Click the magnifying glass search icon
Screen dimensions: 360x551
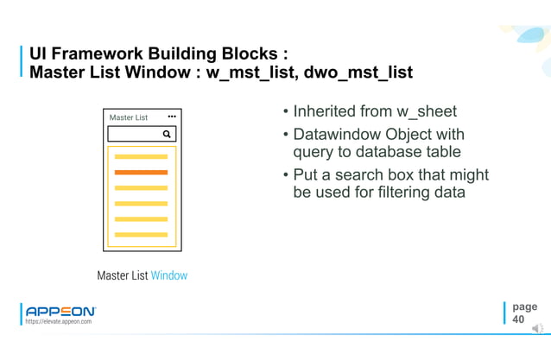tap(167, 134)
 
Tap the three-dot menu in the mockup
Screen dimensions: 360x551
tap(171, 117)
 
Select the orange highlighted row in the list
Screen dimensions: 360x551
tap(141, 173)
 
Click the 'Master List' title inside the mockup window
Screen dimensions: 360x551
tap(129, 117)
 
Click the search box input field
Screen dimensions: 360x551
tap(135, 134)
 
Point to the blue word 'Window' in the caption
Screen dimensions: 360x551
tap(169, 275)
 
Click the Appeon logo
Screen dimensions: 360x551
tap(60, 311)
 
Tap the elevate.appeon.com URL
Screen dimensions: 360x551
tap(59, 322)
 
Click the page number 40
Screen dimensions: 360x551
tap(518, 319)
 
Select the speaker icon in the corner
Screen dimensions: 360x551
tap(537, 328)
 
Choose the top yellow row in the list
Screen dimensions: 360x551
tap(141, 157)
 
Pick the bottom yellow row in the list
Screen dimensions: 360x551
tap(141, 234)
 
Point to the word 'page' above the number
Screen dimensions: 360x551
tap(524, 306)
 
